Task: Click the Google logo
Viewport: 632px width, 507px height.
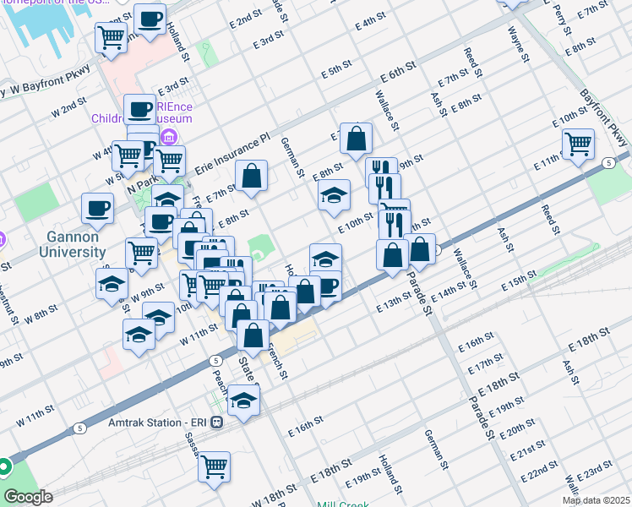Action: pos(28,497)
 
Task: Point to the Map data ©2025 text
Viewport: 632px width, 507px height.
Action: pos(596,500)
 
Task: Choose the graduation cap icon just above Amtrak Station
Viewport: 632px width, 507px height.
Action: pos(244,401)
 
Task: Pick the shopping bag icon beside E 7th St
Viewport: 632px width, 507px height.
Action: pos(252,176)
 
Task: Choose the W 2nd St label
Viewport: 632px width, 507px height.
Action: pos(69,107)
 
